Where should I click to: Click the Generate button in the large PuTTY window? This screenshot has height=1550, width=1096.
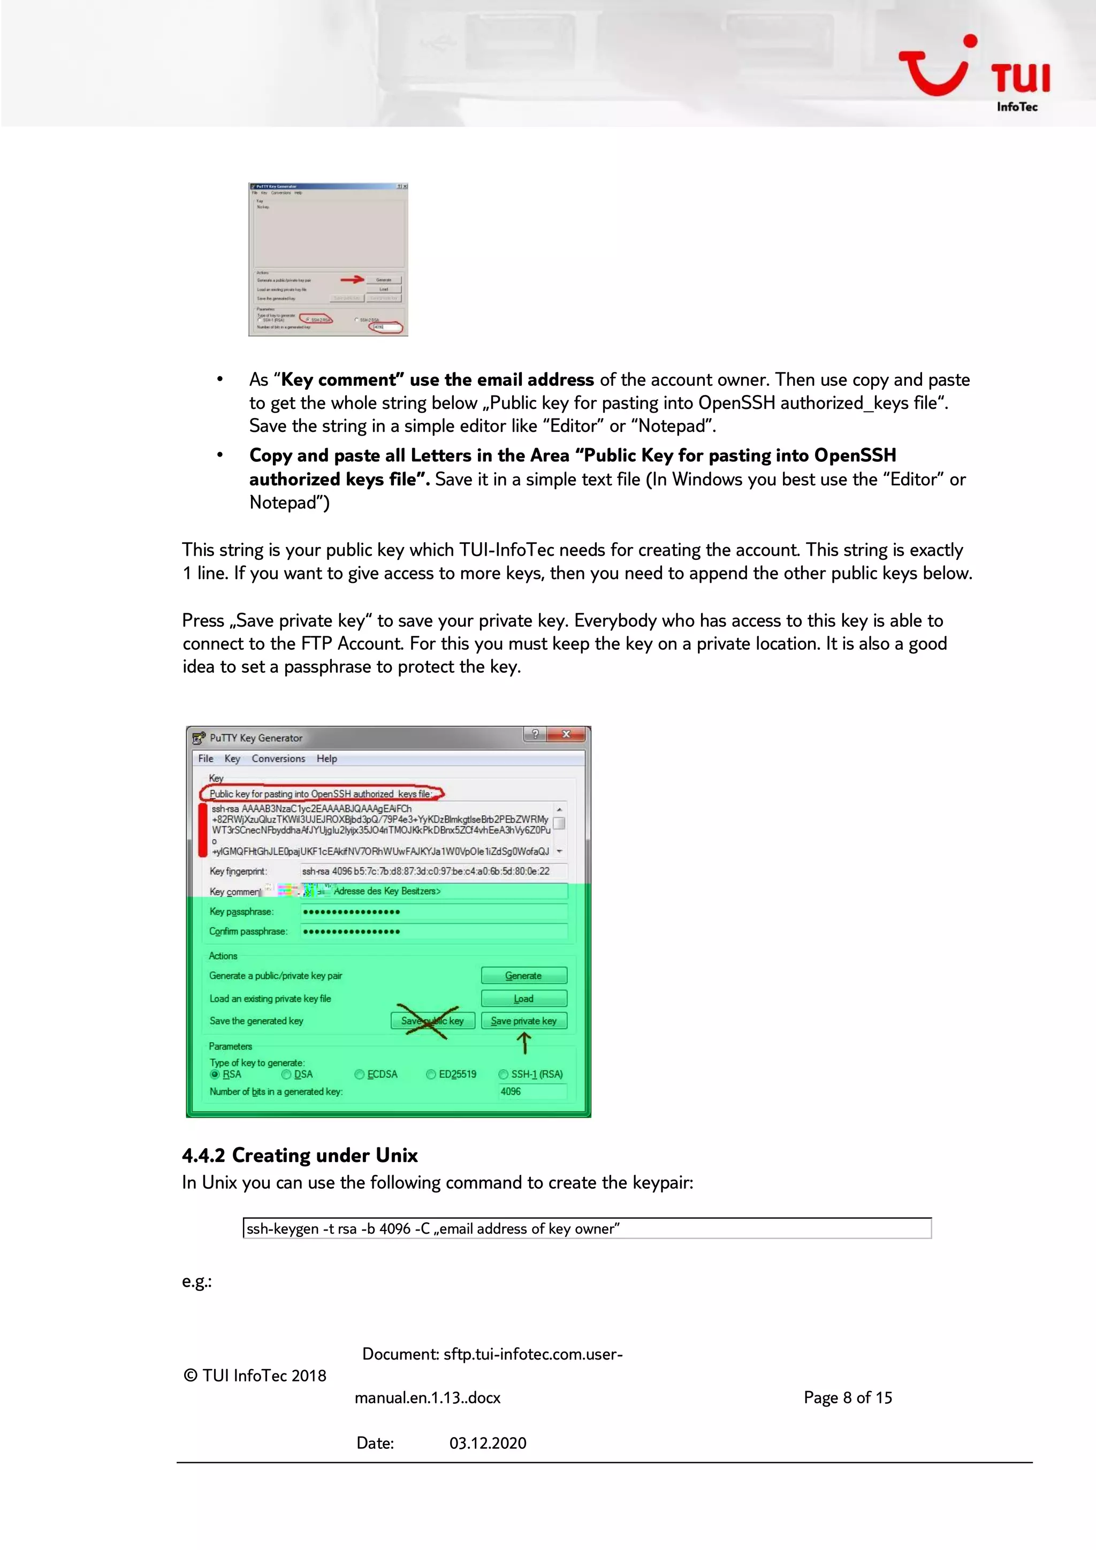pyautogui.click(x=524, y=976)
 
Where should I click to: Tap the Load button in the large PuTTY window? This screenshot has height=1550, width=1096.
pyautogui.click(x=524, y=998)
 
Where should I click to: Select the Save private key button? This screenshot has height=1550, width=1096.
pyautogui.click(x=524, y=1021)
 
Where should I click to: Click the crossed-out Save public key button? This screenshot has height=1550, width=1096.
pyautogui.click(x=432, y=1021)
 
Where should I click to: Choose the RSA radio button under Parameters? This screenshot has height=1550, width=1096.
pyautogui.click(x=215, y=1074)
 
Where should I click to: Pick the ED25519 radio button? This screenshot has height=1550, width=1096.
pyautogui.click(x=431, y=1074)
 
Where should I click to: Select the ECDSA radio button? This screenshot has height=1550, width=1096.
pyautogui.click(x=360, y=1074)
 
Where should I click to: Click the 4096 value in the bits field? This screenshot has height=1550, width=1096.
pyautogui.click(x=511, y=1092)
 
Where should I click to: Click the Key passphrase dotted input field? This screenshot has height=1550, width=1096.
pyautogui.click(x=432, y=912)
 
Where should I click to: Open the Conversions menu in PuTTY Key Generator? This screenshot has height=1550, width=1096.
pyautogui.click(x=278, y=759)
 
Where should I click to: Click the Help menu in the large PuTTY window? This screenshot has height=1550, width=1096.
pyautogui.click(x=326, y=759)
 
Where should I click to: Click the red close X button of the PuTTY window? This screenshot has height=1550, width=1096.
pyautogui.click(x=566, y=734)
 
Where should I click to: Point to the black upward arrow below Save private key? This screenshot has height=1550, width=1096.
pyautogui.click(x=524, y=1044)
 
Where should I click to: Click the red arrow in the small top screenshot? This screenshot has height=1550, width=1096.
pyautogui.click(x=352, y=279)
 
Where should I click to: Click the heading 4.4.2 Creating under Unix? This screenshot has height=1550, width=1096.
pyautogui.click(x=300, y=1155)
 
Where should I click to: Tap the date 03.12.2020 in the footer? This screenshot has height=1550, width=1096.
pyautogui.click(x=488, y=1443)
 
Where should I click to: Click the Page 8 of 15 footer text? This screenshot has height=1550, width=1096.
pyautogui.click(x=848, y=1397)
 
